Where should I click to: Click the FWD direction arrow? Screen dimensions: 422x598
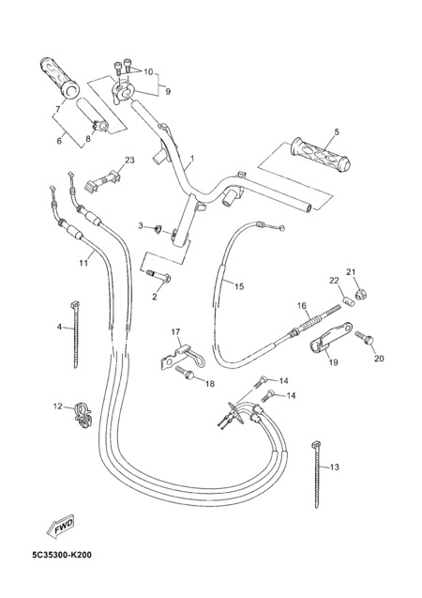[x=60, y=527]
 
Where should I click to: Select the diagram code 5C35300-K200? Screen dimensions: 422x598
[x=62, y=555]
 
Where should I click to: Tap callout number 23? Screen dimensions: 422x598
[x=129, y=161]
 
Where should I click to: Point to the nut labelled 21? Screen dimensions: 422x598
[x=358, y=295]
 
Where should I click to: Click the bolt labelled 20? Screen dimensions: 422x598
[x=365, y=338]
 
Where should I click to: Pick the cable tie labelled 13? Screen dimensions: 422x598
[x=317, y=474]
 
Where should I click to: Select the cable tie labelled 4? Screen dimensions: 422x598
[x=75, y=334]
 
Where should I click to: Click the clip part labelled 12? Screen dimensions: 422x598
[x=83, y=415]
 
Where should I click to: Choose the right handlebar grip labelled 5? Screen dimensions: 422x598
[x=321, y=155]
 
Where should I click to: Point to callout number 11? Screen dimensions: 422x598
[x=83, y=263]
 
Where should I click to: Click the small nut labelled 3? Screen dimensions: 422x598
[x=158, y=229]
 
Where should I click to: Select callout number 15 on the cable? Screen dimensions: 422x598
[x=239, y=286]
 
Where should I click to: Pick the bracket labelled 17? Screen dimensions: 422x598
[x=182, y=356]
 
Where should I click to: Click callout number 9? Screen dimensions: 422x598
[x=168, y=92]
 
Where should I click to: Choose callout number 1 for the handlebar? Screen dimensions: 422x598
[x=192, y=158]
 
